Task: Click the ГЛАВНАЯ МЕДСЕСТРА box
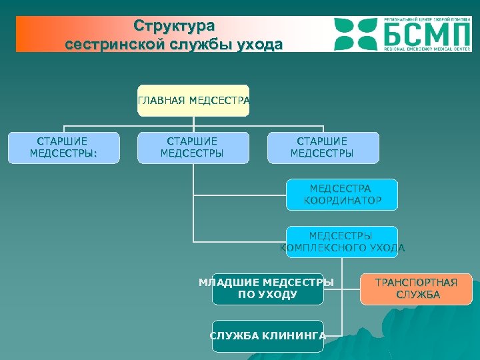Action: coord(193,101)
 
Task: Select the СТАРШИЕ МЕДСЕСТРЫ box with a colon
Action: coord(63,148)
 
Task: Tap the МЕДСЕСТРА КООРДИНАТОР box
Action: coord(342,195)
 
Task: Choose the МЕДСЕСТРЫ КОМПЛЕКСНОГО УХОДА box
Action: coord(342,242)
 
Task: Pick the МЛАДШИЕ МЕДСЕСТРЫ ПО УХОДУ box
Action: coord(267,289)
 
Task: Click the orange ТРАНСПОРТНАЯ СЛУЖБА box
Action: coord(416,289)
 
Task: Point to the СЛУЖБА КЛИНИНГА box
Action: coord(267,336)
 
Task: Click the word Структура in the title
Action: coord(174,26)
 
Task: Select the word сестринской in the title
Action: coord(111,45)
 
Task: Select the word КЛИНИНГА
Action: coord(299,336)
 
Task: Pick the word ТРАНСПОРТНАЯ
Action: coord(416,283)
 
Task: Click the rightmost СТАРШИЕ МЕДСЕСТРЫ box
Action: coord(323,148)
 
